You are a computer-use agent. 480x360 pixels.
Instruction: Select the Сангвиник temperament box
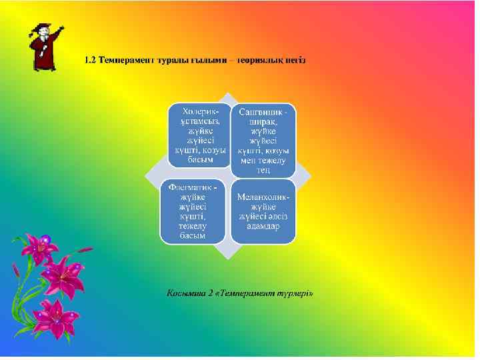pyautogui.click(x=263, y=140)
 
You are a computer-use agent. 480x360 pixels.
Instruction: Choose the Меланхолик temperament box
pyautogui.click(x=263, y=211)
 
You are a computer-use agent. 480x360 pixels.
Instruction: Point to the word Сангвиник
pyautogui.click(x=262, y=113)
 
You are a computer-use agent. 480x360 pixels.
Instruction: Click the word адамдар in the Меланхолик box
pyautogui.click(x=263, y=225)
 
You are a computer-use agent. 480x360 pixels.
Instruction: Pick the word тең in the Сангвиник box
pyautogui.click(x=263, y=169)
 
